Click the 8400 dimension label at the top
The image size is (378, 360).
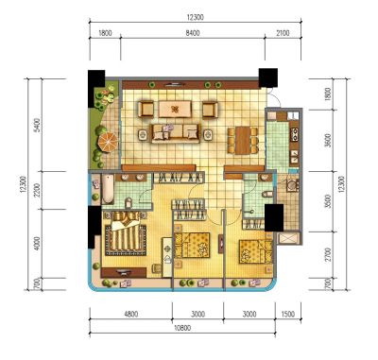193,33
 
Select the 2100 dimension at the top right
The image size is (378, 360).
283,33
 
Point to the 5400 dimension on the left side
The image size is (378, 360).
37,125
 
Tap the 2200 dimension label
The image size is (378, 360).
37,190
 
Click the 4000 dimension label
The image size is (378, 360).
37,244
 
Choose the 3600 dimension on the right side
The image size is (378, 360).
328,141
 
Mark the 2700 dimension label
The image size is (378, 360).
328,254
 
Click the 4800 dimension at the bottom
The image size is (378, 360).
131,314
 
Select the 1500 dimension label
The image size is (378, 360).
288,314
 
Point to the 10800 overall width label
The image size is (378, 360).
182,328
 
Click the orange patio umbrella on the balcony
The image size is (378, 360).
108,142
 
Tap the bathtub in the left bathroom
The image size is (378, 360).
108,189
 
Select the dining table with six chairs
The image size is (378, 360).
243,141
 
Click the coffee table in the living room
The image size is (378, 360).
175,110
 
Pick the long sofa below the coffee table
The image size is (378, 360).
176,133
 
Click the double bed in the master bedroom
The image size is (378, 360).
126,233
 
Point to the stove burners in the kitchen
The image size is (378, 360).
295,133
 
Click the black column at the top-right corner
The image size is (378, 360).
268,77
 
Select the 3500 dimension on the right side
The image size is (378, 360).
328,201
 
